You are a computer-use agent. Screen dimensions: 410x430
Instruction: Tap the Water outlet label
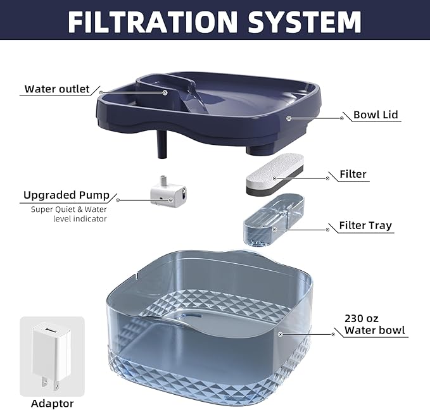(57, 89)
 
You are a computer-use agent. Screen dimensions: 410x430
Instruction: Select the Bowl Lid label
(376, 115)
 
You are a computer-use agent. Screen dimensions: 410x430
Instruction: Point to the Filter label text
(353, 174)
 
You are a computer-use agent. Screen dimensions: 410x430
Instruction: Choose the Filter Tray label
(365, 225)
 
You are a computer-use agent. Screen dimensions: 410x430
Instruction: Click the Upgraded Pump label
(66, 195)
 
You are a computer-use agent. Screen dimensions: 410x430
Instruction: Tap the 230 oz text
(362, 318)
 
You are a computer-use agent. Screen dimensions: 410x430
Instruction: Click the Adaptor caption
(52, 403)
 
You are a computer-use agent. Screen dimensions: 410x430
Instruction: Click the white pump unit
(168, 190)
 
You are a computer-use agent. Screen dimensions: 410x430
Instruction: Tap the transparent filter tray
(274, 219)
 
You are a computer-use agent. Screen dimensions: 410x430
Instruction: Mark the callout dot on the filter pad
(327, 178)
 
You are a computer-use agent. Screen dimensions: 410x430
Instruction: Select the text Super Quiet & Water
(69, 209)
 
